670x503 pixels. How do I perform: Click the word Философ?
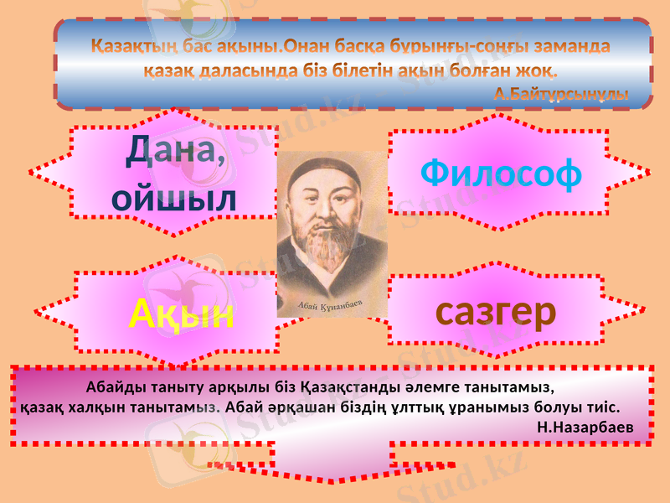(x=500, y=173)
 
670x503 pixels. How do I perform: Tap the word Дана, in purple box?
(x=177, y=153)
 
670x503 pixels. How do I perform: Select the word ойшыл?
(x=173, y=198)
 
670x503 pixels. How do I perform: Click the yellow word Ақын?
(x=181, y=314)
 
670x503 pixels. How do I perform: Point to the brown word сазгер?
(x=496, y=312)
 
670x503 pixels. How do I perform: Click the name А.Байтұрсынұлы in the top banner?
(x=560, y=92)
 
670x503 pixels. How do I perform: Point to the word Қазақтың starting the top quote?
(x=126, y=44)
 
